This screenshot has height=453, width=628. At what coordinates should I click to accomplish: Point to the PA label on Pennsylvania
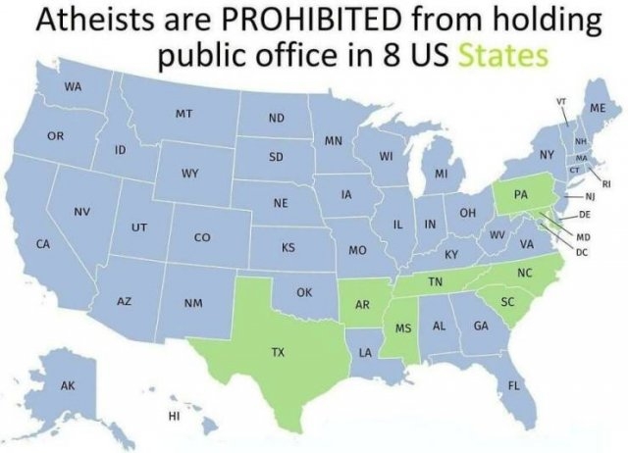pos(521,196)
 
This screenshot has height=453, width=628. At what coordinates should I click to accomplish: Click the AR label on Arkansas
pos(362,305)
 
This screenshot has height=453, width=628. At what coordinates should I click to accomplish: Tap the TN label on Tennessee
pos(435,282)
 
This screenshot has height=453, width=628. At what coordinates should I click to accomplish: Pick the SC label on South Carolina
pos(507,301)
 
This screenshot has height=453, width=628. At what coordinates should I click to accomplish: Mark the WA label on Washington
pos(73,85)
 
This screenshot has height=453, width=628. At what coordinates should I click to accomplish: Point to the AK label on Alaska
pos(69,385)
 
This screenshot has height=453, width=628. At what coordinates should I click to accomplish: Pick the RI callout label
pos(606,183)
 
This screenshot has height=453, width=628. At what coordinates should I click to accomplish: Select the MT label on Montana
pos(183,115)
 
